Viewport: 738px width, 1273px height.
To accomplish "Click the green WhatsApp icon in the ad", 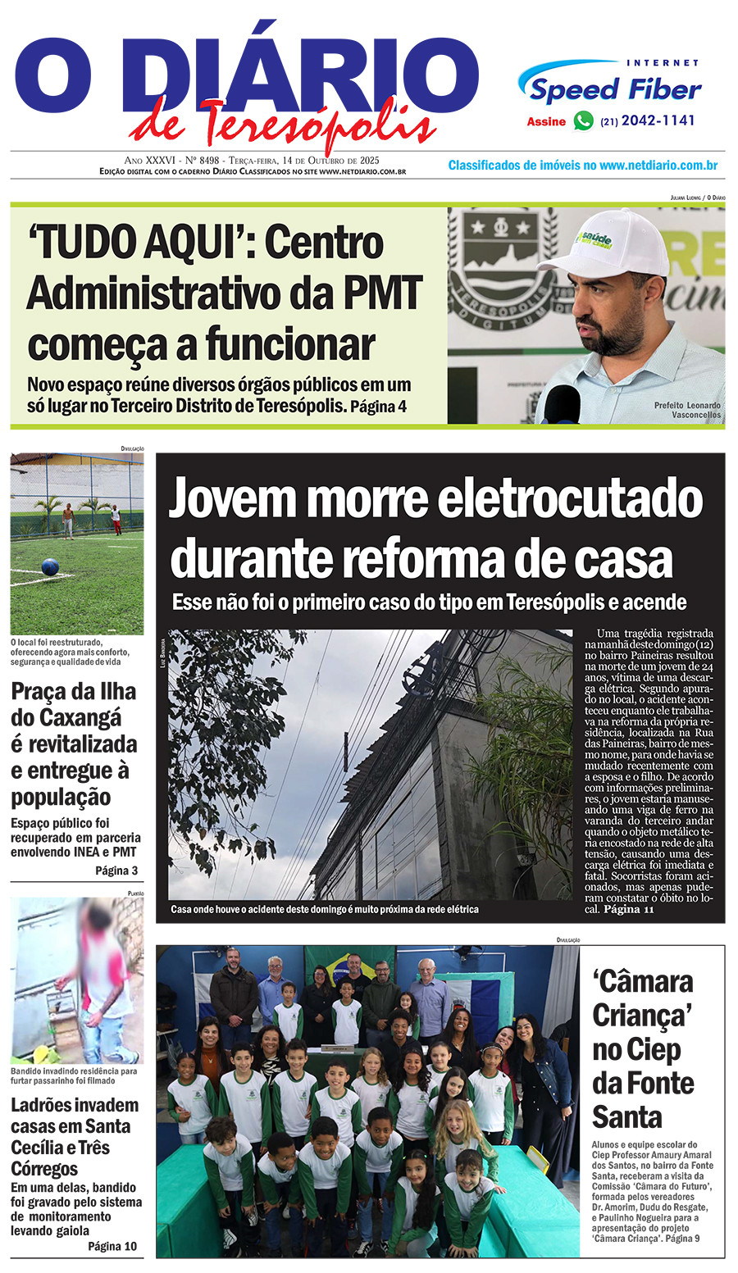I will pos(583,121).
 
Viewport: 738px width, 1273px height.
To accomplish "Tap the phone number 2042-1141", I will pos(658,120).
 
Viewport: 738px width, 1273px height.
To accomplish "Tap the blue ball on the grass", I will pos(51,566).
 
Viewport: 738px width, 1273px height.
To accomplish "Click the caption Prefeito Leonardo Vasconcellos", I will pos(687,410).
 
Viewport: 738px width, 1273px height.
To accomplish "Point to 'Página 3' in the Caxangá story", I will pos(116,871).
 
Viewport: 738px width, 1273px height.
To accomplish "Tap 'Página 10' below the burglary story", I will pos(112,1246).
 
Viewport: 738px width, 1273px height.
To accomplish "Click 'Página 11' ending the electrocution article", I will pos(629,909).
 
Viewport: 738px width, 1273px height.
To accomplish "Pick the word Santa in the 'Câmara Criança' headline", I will pos(627,1117).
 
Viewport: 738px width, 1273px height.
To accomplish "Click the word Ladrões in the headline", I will pos(44,1105).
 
